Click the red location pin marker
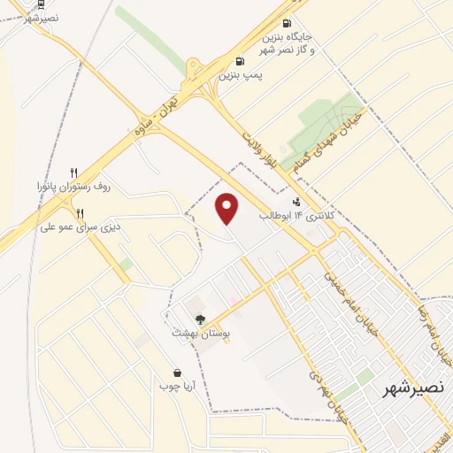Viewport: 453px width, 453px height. (x=228, y=210)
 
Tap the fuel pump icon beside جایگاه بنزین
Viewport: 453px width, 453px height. (x=286, y=24)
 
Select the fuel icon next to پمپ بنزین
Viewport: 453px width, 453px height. (x=240, y=61)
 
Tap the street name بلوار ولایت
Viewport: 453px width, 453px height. (x=263, y=148)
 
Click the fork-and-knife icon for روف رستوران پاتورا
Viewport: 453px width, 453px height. (x=74, y=173)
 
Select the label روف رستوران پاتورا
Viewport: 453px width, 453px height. (x=77, y=188)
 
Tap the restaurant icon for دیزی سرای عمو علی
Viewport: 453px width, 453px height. (x=81, y=212)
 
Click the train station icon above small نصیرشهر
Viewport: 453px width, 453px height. (x=43, y=5)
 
